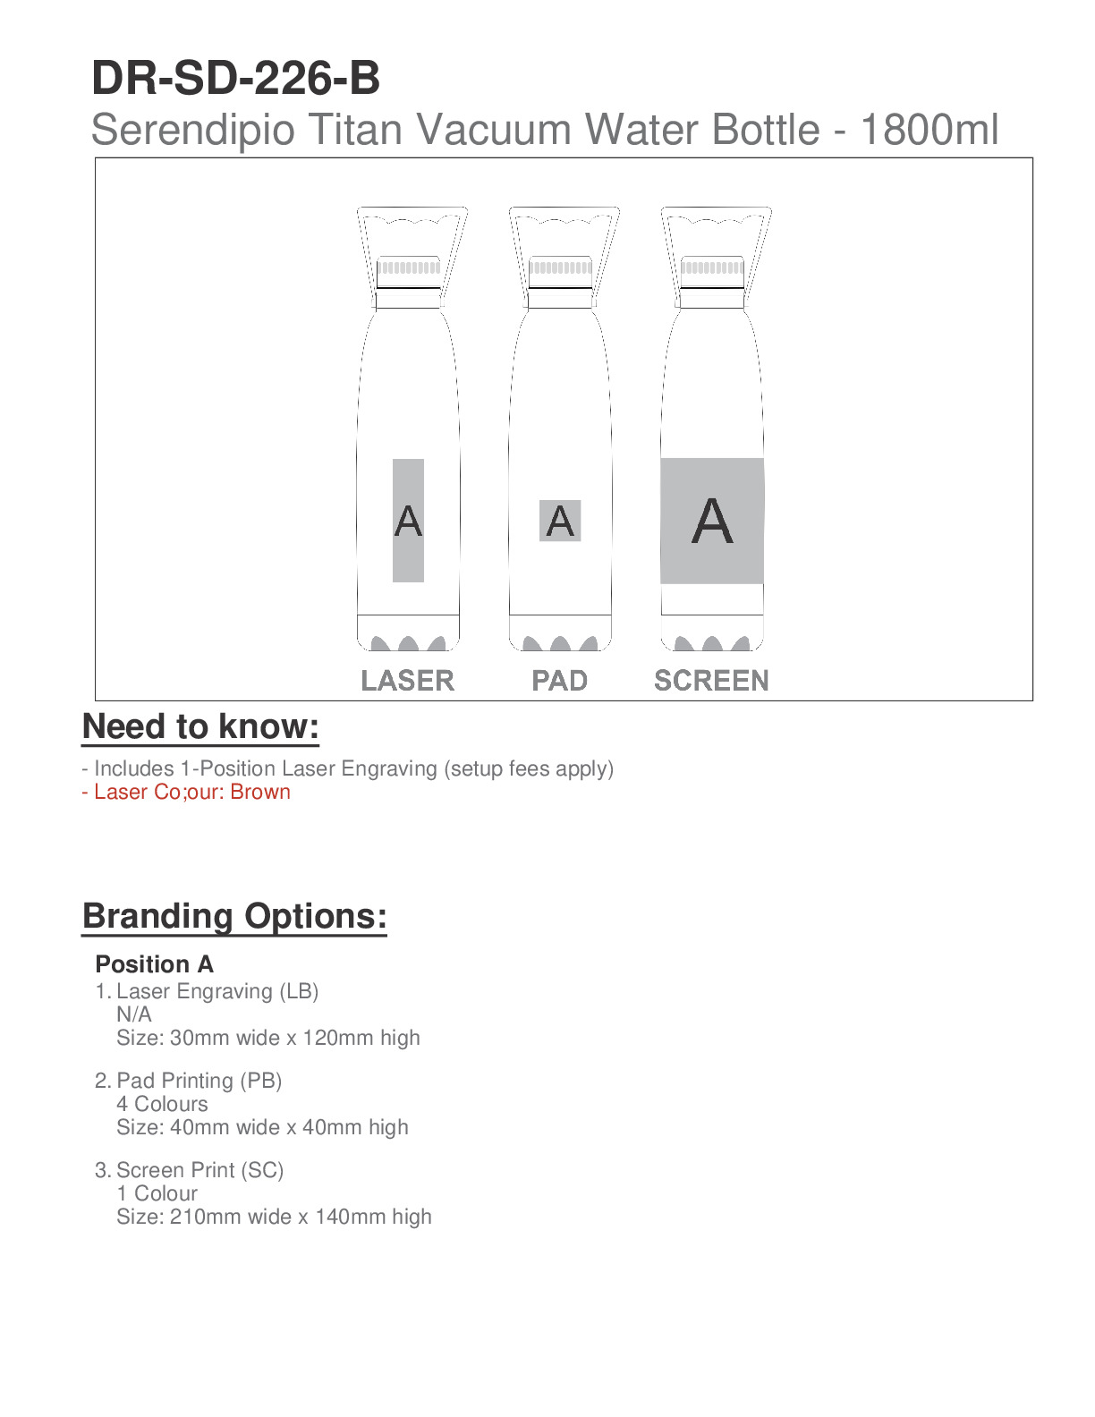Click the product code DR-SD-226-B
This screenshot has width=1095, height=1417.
235,79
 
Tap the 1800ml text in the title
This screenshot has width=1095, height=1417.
929,130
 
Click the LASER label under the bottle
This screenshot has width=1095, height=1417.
408,681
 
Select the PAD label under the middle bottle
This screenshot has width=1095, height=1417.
560,681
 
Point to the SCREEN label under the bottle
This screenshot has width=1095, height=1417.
711,681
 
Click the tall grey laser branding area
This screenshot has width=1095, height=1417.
408,521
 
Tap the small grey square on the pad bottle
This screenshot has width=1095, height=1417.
560,521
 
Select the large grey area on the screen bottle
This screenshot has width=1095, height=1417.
712,521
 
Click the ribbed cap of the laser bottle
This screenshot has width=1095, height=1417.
409,267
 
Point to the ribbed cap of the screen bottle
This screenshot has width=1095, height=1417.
712,267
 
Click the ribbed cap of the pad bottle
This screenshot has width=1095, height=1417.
560,267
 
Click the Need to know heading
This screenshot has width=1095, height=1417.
200,726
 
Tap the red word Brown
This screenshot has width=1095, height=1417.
260,792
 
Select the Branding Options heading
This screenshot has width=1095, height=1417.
234,916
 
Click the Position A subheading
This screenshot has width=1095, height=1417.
154,964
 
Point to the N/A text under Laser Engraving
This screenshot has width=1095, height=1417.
134,1014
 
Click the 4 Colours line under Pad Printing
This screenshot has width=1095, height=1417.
162,1104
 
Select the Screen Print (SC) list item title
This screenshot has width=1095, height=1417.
199,1170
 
